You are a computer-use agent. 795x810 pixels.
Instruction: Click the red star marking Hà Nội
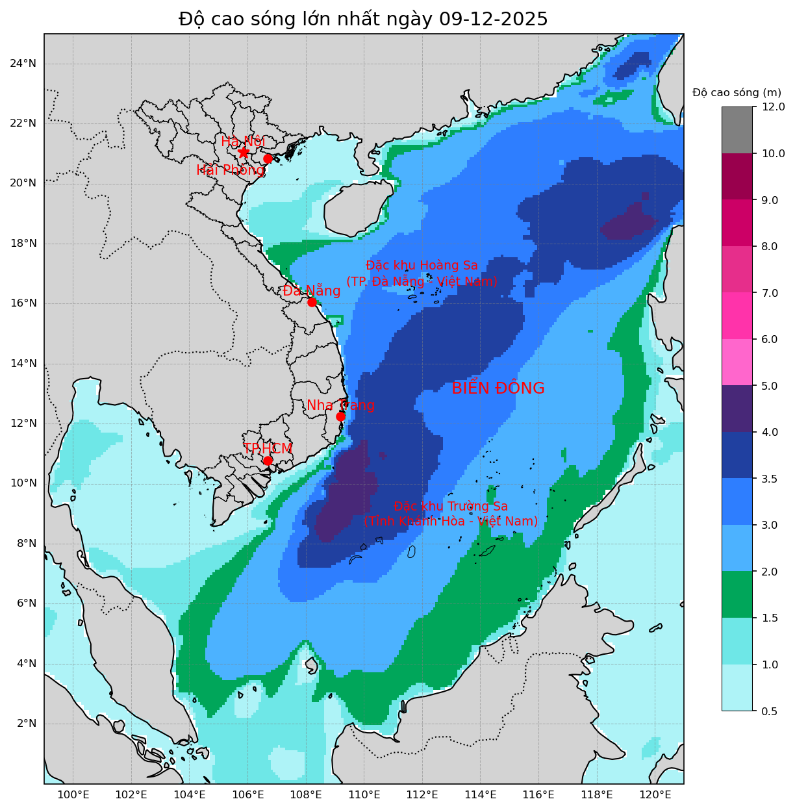coord(244,152)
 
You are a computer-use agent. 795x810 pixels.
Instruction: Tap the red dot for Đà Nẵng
coord(312,302)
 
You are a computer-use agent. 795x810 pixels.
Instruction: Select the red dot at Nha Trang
coord(340,416)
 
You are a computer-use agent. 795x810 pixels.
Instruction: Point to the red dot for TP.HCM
coord(268,461)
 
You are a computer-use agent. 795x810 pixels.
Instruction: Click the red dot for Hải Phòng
coord(268,158)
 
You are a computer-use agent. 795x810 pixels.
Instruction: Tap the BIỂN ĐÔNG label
coord(498,388)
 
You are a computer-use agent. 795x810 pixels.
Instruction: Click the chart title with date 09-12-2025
coord(363,19)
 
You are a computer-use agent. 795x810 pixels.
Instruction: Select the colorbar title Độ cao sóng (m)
coord(737,93)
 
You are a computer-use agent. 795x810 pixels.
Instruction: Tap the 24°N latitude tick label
coord(23,63)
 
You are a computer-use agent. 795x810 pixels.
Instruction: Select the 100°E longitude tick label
coord(73,795)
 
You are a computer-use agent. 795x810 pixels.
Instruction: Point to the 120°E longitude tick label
coord(655,795)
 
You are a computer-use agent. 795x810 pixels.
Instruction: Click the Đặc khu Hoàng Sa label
coord(422,266)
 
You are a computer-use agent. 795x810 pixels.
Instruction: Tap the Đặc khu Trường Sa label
coord(450,507)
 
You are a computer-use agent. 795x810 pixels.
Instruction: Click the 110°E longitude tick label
coord(364,795)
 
